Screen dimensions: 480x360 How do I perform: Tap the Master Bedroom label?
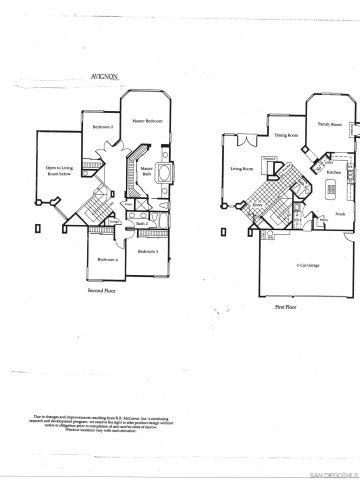[x=147, y=121]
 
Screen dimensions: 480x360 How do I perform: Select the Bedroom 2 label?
[x=102, y=127]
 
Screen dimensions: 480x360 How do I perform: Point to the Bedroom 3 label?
[x=150, y=250]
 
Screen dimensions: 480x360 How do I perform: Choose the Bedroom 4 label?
[x=107, y=260]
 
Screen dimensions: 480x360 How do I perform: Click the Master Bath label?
[x=146, y=172]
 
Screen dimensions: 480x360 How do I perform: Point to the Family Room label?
[x=330, y=124]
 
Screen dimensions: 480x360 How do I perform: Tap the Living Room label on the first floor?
[x=241, y=170]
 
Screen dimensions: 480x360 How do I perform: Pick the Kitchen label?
[x=334, y=172]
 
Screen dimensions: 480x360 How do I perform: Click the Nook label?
[x=340, y=214]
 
